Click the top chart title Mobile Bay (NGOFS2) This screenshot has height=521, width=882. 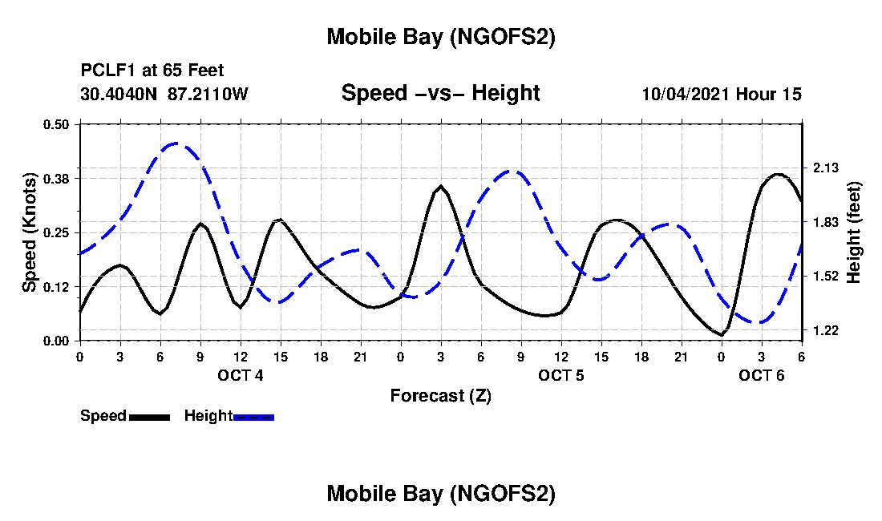click(440, 37)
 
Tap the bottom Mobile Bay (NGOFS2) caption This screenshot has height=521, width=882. click(440, 494)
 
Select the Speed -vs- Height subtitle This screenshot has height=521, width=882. click(440, 93)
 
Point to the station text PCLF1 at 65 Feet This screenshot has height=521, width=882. click(152, 71)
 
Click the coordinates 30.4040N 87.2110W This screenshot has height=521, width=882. click(164, 94)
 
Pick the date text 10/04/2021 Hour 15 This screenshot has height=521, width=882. click(721, 94)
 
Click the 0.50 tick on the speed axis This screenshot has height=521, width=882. click(56, 124)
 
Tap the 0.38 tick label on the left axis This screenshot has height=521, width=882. click(56, 178)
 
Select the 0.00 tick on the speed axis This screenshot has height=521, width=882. click(56, 341)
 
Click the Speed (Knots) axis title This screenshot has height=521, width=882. click(30, 232)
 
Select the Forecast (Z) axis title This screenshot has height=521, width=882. click(440, 395)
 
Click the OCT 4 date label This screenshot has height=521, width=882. click(241, 375)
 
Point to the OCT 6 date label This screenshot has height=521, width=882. click(762, 375)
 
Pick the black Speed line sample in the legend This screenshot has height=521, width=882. click(149, 417)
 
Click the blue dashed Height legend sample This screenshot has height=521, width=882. click(253, 417)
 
